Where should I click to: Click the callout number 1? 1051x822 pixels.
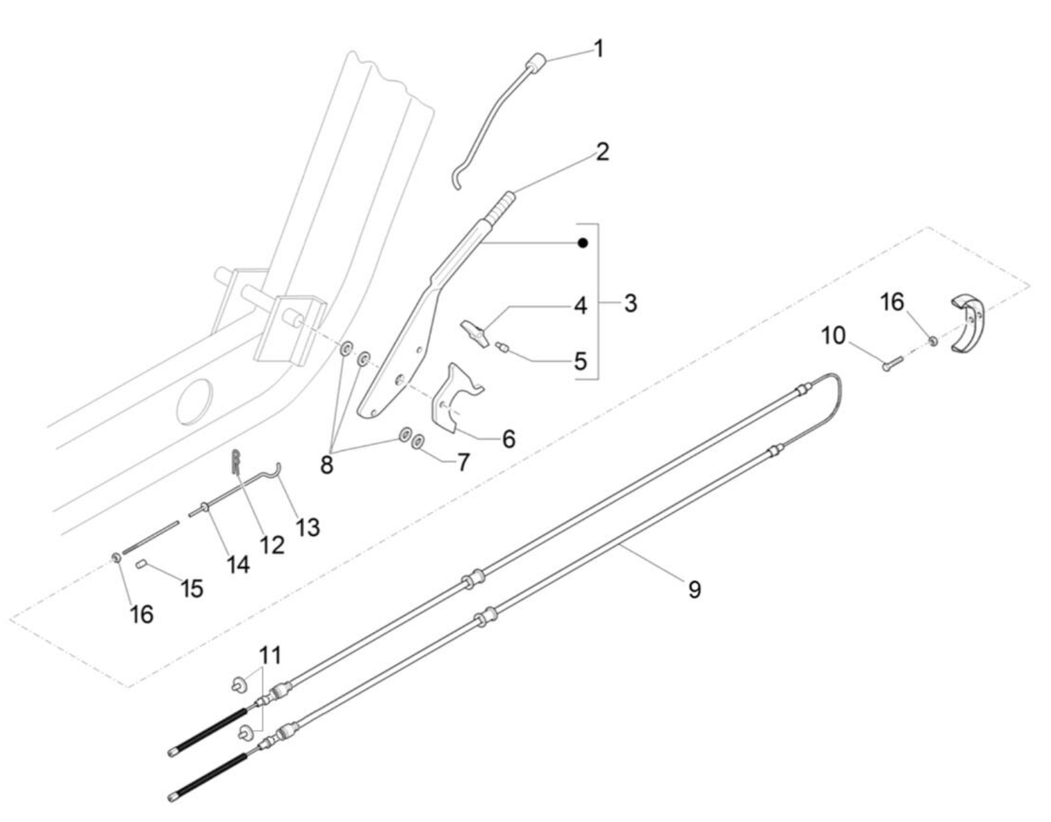[598, 49]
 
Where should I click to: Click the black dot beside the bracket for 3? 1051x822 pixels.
[583, 243]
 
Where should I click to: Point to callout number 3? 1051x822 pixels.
[630, 303]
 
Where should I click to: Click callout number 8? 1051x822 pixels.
[326, 464]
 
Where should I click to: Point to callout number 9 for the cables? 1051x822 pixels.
[694, 589]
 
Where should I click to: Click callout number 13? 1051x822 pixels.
[308, 526]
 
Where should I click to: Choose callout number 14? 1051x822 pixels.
[238, 564]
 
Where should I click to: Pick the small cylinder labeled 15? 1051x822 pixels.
[141, 565]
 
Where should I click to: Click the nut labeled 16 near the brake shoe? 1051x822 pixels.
[934, 341]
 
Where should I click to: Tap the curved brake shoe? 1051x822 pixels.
[968, 322]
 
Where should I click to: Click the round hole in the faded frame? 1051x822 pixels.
[194, 402]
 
